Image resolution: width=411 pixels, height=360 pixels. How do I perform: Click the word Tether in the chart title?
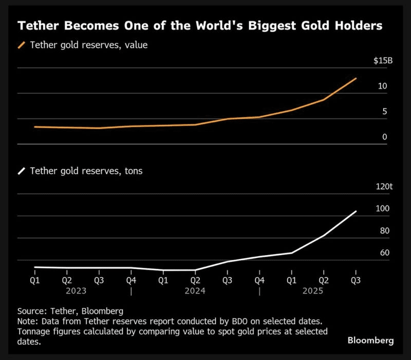coord(38,25)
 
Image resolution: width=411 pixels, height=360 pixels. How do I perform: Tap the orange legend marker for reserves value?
coord(22,45)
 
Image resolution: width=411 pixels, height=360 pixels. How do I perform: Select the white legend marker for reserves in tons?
coord(22,171)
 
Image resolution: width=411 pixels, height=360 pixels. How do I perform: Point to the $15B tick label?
coord(383,61)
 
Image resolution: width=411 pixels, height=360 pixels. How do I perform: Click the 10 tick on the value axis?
coord(382,86)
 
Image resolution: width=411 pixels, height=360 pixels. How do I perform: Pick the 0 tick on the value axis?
coord(384,137)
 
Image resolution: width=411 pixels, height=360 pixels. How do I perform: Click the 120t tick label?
coord(384,187)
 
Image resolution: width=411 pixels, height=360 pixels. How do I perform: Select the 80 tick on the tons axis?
coord(384,231)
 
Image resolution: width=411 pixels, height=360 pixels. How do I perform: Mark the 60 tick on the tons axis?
coord(384,253)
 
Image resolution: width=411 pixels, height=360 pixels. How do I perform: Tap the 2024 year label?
coord(195,291)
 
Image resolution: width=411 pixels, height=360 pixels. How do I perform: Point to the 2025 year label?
coord(324,291)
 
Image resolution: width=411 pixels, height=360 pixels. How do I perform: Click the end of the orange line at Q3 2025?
coord(356,79)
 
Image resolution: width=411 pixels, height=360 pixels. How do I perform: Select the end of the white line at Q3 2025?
coord(356,211)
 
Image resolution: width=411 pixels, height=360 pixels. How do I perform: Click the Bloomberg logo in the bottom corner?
coord(370,340)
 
